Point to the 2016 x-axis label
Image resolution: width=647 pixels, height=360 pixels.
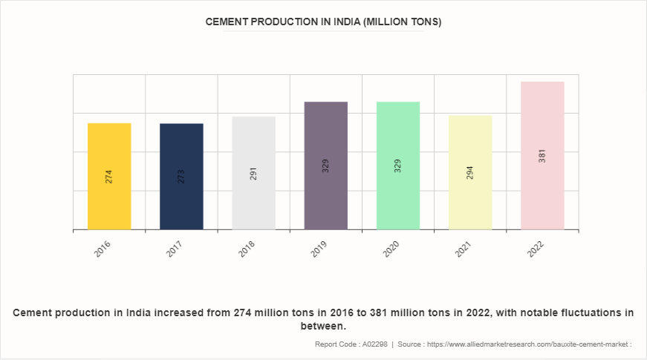103,249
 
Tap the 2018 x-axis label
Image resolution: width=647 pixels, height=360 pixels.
247,249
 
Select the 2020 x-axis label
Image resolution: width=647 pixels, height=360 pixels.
391,249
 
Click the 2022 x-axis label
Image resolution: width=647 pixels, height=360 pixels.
536,249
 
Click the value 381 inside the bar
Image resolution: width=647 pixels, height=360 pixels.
542,156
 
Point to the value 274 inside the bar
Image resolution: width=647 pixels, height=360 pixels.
109,177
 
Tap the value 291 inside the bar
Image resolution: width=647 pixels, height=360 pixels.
253,174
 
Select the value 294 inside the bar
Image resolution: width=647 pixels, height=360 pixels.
470,172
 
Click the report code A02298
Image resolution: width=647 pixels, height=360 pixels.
373,344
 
